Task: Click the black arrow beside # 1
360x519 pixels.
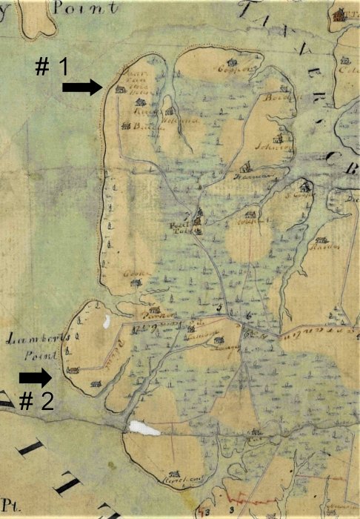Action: pyautogui.click(x=81, y=87)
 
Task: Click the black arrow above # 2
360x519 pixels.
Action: pyautogui.click(x=36, y=377)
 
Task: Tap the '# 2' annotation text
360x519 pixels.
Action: pyautogui.click(x=36, y=402)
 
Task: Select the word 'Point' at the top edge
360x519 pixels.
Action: pyautogui.click(x=93, y=8)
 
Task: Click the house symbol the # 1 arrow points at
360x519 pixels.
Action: pyautogui.click(x=120, y=89)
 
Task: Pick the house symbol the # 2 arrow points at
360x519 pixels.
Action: pyautogui.click(x=73, y=370)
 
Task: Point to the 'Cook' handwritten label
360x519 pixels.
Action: pyautogui.click(x=133, y=274)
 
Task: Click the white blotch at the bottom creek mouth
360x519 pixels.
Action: pyautogui.click(x=144, y=428)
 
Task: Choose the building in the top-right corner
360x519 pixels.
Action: pyautogui.click(x=339, y=14)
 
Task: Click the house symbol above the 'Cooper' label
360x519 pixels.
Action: pyautogui.click(x=232, y=62)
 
